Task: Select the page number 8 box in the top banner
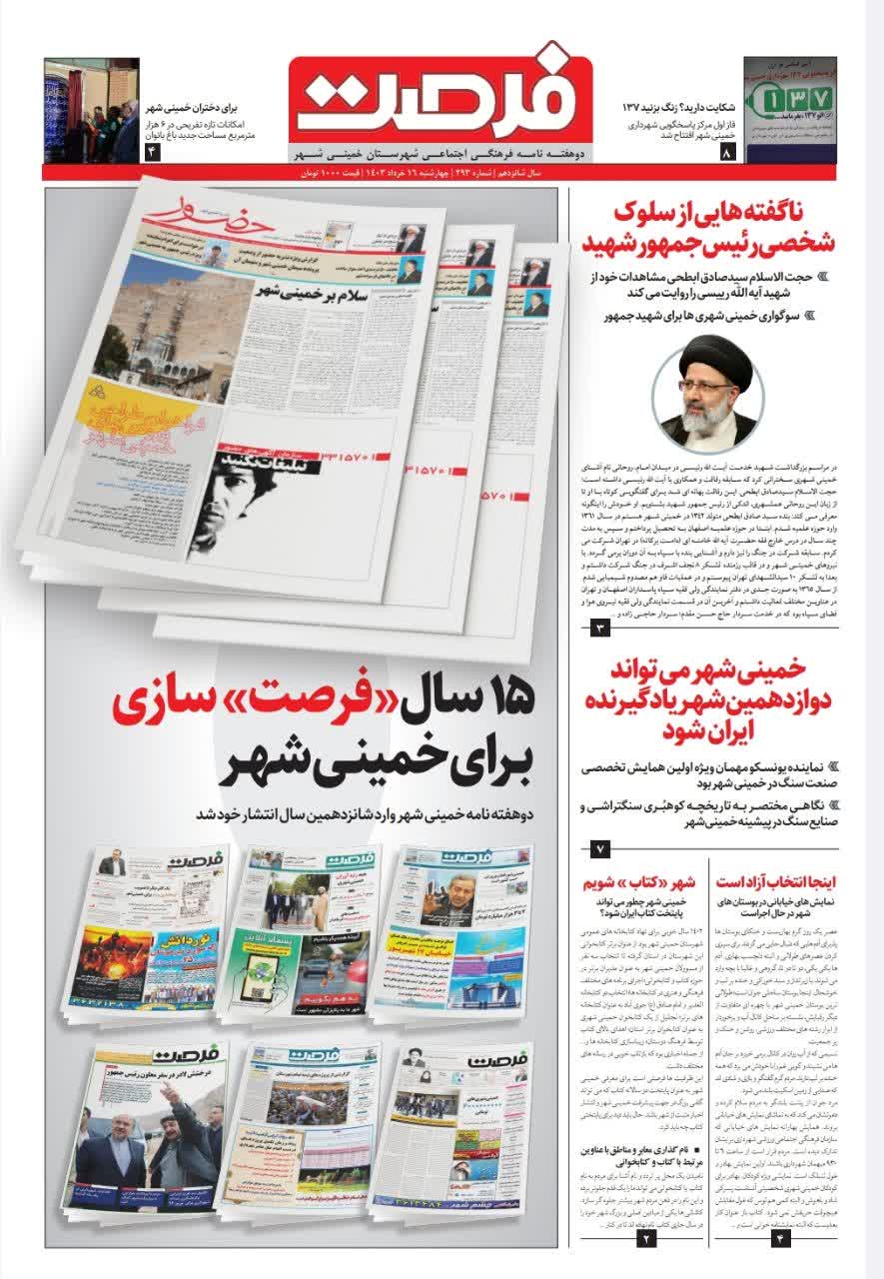click(727, 153)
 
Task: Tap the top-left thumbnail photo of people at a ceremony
click(91, 111)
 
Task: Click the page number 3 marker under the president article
click(600, 629)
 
